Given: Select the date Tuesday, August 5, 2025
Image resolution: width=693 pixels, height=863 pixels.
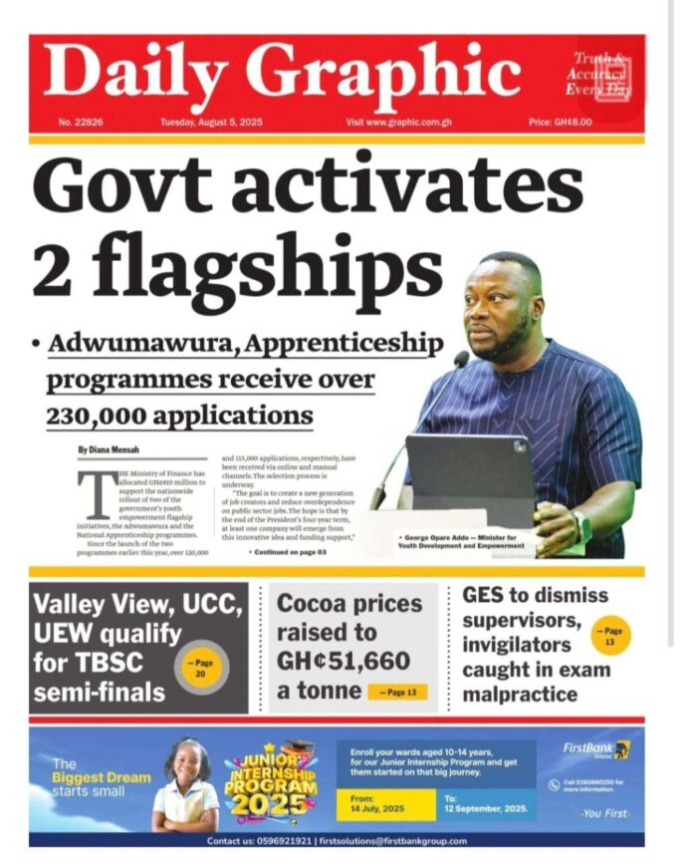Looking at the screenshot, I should (x=211, y=123).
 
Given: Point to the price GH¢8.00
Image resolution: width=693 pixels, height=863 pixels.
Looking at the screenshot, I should (x=561, y=123).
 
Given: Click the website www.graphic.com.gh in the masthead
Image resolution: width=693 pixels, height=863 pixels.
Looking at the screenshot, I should (x=394, y=123).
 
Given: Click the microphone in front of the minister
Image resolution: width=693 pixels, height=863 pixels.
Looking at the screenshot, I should (x=461, y=360).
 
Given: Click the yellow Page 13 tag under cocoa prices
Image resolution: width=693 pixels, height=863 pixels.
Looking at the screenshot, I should (x=398, y=692).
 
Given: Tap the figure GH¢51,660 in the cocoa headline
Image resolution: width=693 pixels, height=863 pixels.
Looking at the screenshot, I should (x=343, y=661).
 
